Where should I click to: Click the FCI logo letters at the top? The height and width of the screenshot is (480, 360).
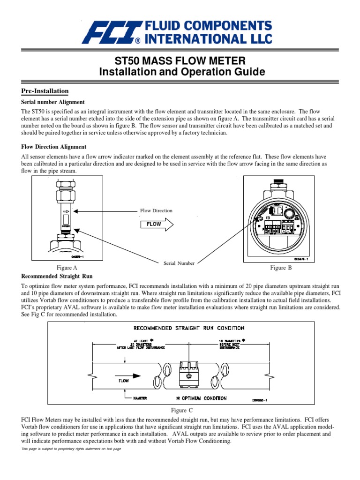click(109, 32)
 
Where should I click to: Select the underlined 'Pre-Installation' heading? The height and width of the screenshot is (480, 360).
click(45, 91)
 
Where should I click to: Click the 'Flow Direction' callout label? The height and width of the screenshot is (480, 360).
click(156, 210)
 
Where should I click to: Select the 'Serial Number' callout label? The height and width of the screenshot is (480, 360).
click(179, 263)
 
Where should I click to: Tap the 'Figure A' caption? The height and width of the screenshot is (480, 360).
click(67, 268)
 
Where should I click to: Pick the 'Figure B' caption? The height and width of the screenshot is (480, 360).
click(281, 268)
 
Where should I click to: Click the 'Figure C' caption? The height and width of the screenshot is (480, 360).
click(182, 410)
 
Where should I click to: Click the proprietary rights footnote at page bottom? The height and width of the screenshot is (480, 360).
click(71, 449)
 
